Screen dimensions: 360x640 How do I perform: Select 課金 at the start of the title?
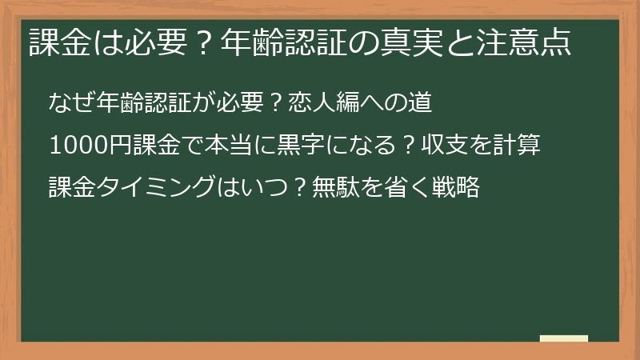click(x=58, y=42)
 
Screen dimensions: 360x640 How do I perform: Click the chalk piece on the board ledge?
click(x=564, y=338)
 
